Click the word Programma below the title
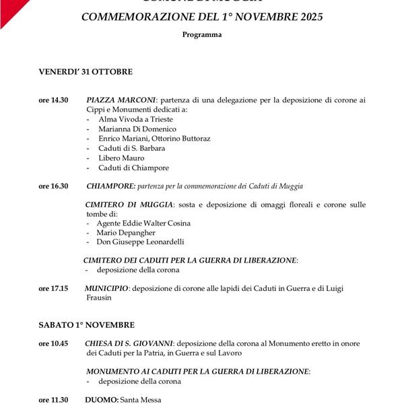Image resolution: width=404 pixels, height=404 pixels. [202, 34]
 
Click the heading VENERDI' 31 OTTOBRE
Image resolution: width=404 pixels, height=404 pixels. [86, 71]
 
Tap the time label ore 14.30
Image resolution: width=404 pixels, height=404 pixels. [53, 100]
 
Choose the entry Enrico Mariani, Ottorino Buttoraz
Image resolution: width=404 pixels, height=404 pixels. [154, 139]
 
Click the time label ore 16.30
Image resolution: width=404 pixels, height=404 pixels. [53, 186]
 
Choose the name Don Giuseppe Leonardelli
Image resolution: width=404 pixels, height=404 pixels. [141, 242]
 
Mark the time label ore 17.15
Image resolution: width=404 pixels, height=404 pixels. [53, 288]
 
